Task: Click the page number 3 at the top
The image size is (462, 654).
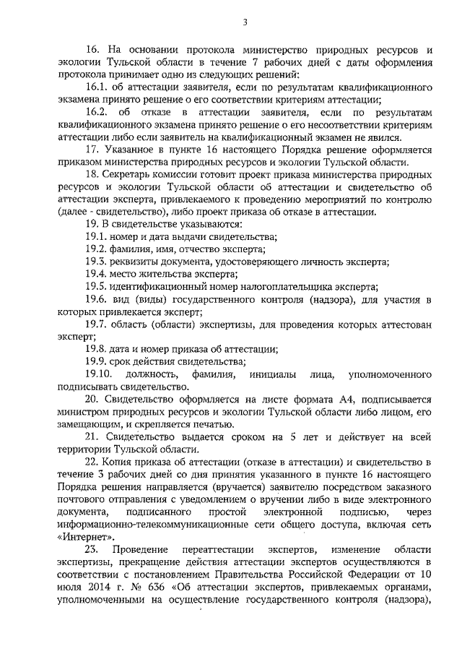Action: coord(245,22)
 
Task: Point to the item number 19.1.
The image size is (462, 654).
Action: coord(96,236)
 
